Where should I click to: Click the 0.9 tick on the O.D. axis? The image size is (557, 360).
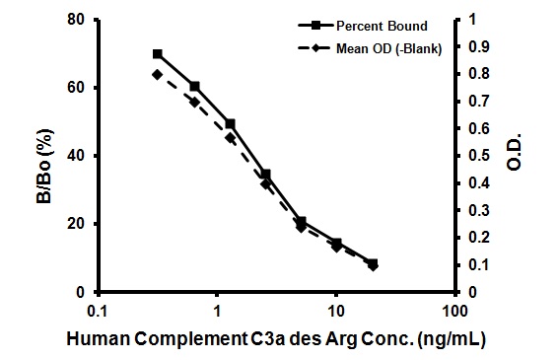coord(477,46)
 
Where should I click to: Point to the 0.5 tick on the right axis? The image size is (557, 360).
coord(477,156)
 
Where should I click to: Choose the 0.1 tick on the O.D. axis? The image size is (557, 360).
coord(477,265)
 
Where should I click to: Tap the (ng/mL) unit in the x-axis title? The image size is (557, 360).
coord(451,339)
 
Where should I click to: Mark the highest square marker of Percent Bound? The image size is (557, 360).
coord(158,53)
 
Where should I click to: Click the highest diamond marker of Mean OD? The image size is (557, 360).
coord(158,74)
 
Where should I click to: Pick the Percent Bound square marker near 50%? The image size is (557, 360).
coord(230,123)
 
